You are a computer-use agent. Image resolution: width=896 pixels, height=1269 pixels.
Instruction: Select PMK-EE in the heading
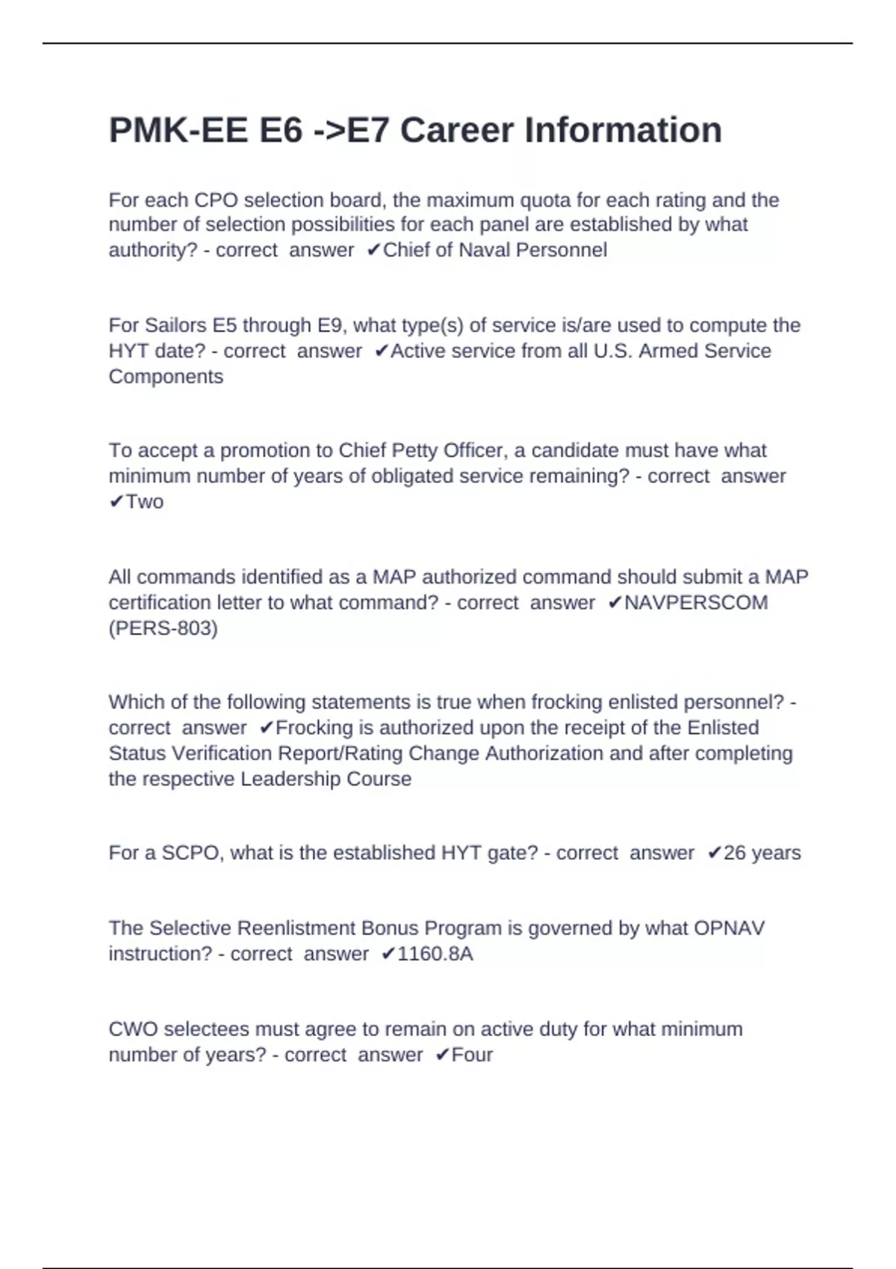[x=178, y=130]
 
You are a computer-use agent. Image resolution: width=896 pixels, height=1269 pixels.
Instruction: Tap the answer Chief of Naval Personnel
[x=495, y=250]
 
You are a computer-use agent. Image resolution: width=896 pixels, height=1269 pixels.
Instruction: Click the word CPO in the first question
[x=216, y=200]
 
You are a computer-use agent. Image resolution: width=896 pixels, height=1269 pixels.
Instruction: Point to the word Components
[x=166, y=376]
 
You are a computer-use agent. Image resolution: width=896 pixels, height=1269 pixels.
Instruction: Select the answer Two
[x=145, y=502]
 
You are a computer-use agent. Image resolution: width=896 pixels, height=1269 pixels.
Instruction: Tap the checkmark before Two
[x=116, y=502]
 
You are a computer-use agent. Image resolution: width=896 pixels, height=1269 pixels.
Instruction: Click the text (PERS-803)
[x=164, y=629]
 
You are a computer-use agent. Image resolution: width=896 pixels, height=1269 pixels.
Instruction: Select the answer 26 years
[x=762, y=853]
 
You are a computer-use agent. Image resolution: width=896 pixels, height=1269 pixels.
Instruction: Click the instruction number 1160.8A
[x=435, y=954]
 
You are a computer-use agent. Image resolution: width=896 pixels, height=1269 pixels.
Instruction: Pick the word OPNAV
[x=729, y=929]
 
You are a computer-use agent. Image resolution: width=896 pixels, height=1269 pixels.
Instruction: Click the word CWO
[x=133, y=1029]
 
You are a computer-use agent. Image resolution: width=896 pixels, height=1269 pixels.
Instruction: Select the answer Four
[x=472, y=1055]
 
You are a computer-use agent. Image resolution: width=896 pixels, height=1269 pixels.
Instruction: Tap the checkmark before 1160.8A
[x=388, y=954]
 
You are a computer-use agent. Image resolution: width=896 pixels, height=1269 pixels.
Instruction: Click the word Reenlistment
[x=296, y=929]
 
